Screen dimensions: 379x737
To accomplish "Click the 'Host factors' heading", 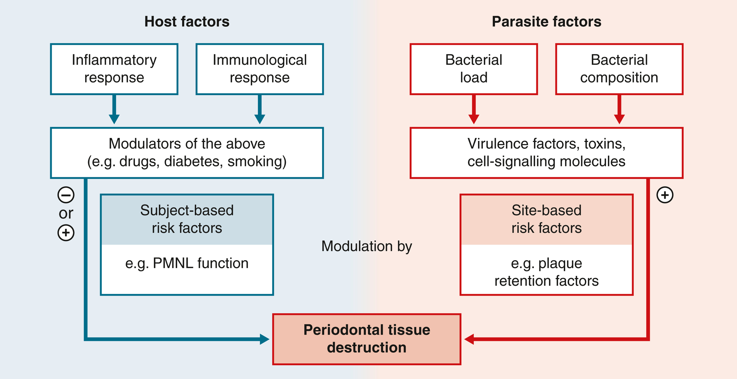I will coord(187,22).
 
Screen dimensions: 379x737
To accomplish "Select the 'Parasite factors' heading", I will coord(546,22).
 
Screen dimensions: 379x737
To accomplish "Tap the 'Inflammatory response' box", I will coord(114,69).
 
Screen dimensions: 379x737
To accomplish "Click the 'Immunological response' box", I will coord(259,69).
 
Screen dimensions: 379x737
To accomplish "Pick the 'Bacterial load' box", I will coord(474,69).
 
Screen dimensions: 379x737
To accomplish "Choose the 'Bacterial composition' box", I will coord(619,69).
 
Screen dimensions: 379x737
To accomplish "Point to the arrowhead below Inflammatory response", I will coord(114,119).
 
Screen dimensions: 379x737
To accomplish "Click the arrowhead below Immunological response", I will coord(259,119).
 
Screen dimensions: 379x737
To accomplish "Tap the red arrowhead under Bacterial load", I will coord(474,119).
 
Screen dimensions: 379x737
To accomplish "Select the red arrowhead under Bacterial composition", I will coord(619,119).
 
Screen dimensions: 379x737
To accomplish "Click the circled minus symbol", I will coord(66,195).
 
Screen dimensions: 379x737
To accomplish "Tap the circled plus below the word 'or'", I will coord(66,233).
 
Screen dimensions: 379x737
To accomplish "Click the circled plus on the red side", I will coord(665,195).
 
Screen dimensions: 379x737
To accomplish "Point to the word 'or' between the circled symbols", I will coord(66,213).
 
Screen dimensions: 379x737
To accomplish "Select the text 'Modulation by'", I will coord(367,246).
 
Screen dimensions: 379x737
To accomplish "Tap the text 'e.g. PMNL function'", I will coord(187,263).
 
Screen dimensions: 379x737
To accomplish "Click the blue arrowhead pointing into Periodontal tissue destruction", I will coord(264,339).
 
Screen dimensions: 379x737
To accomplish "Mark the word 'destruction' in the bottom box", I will coord(367,348).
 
